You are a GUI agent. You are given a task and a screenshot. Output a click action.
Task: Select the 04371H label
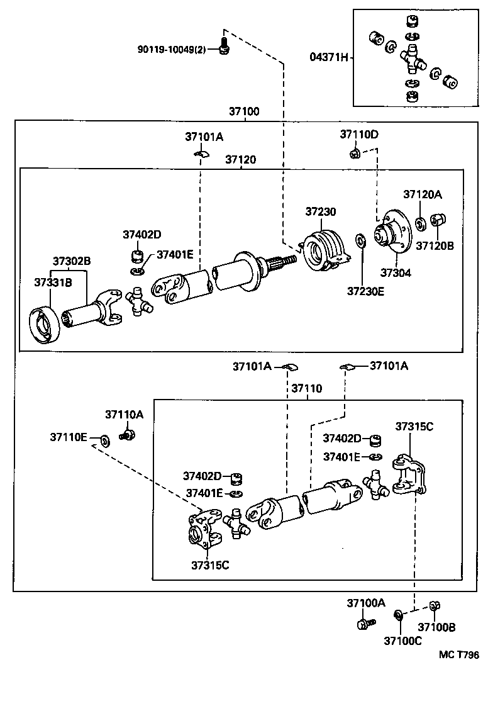329,57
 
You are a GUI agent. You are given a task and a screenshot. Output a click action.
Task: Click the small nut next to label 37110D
355,152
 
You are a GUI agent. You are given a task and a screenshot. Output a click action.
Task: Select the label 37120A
422,194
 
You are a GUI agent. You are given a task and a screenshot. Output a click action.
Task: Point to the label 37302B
71,261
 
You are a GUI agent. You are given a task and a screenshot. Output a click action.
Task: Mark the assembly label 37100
244,111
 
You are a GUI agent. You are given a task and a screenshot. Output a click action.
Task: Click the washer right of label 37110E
104,439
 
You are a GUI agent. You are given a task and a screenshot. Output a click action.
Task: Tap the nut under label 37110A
129,434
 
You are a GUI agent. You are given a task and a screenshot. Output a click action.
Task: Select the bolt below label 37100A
364,624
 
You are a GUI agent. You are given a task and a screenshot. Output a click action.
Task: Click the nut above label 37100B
433,607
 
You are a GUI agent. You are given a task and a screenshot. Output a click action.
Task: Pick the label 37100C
402,641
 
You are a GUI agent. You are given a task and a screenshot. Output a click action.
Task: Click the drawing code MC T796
459,655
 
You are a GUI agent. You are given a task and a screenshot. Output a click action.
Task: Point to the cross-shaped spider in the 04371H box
412,57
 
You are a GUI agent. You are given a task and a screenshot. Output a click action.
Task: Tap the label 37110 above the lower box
306,388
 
